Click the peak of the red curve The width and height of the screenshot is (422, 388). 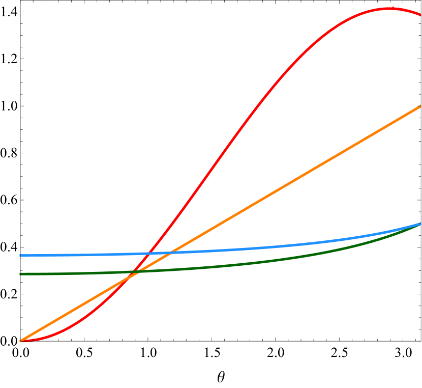pyautogui.click(x=388, y=8)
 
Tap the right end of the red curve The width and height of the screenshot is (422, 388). pyautogui.click(x=420, y=15)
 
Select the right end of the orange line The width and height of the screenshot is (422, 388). pyautogui.click(x=420, y=106)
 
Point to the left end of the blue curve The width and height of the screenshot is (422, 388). pyautogui.click(x=20, y=255)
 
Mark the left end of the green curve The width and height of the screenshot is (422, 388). pyautogui.click(x=20, y=274)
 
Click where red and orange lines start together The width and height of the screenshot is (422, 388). pyautogui.click(x=20, y=341)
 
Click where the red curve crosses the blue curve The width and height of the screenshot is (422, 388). pyautogui.click(x=148, y=253)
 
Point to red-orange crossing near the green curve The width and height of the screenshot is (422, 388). pyautogui.click(x=131, y=275)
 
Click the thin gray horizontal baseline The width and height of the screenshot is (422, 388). pyautogui.click(x=254, y=341)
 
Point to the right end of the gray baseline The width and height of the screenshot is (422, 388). pyautogui.click(x=417, y=341)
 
